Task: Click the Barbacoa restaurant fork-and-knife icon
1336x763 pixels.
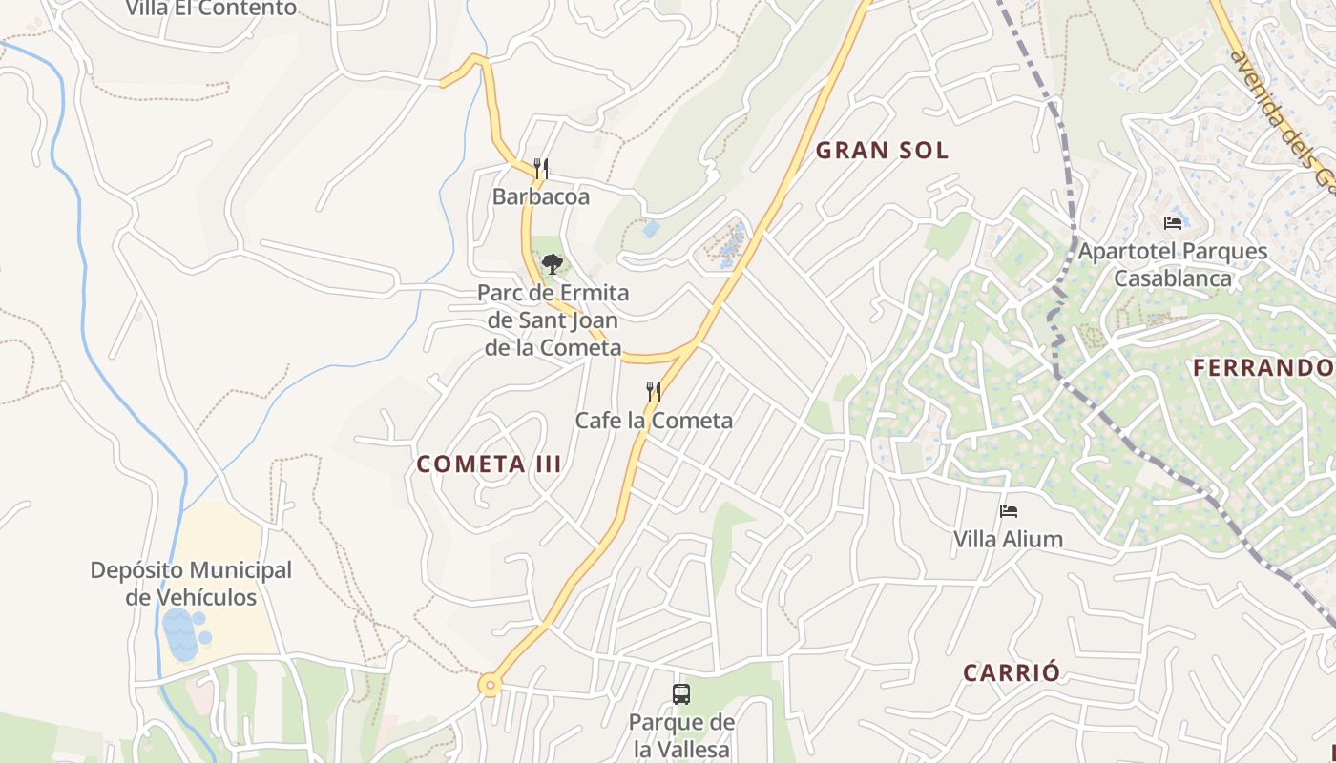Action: coord(540,169)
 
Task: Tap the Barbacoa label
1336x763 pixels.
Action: coord(540,197)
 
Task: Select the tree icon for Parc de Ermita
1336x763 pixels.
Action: coord(552,264)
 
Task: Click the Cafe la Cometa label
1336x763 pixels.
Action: coord(654,421)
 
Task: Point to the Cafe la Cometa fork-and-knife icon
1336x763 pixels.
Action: coord(654,391)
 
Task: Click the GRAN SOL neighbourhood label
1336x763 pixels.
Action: coord(882,150)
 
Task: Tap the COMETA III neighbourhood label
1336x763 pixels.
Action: coord(489,464)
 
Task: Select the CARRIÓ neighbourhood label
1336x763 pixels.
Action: coord(1011,672)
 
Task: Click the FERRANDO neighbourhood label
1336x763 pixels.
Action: coord(1263,367)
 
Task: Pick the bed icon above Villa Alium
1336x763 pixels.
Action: coord(1008,511)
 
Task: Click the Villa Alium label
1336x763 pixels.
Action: coord(1008,540)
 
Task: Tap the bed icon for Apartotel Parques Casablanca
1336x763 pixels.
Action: coord(1173,223)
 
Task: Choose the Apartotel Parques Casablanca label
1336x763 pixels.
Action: coord(1173,265)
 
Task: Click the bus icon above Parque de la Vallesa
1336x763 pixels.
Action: coord(681,693)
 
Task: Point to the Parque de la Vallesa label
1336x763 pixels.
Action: coord(681,735)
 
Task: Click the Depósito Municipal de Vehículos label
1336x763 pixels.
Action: coord(191,584)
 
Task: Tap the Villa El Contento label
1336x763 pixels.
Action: coord(211,9)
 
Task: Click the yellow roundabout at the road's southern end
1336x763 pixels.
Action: coord(491,684)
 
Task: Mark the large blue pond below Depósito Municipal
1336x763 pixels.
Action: coord(179,634)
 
